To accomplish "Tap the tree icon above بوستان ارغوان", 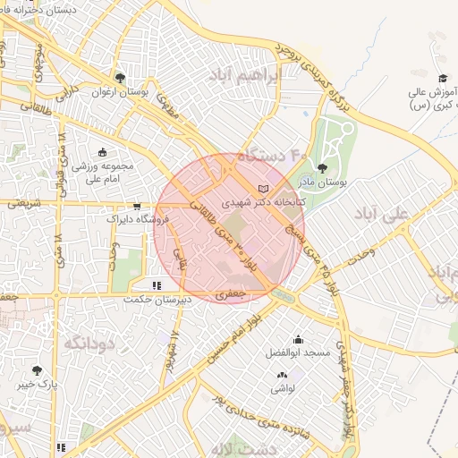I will coord(120,78).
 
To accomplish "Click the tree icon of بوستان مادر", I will coord(322,168).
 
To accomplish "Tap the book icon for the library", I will coord(262,189).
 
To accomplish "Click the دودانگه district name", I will coord(87,343).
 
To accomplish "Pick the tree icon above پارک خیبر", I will coord(37,370).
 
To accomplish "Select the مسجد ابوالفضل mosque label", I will coord(298,352).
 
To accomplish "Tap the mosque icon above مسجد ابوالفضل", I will coord(298,339).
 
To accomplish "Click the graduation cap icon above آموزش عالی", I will coord(443,79).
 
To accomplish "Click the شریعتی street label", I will coord(24,204).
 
